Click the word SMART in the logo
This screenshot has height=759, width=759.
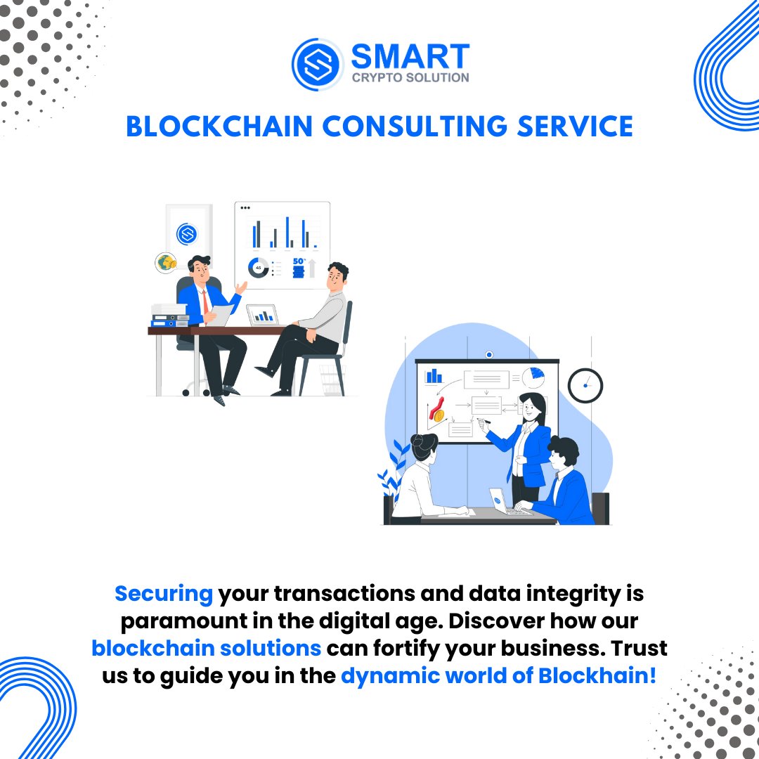tap(410, 56)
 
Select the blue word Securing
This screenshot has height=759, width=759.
tap(164, 594)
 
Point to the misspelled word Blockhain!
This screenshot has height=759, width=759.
tap(597, 676)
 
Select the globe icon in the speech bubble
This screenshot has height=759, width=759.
tap(166, 263)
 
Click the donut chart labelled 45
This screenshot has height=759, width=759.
tap(259, 268)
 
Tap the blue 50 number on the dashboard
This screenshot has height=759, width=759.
tap(299, 262)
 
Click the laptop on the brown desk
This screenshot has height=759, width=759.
tap(263, 316)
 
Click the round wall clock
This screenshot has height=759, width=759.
tap(585, 385)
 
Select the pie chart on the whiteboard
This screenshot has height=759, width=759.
tap(533, 377)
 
